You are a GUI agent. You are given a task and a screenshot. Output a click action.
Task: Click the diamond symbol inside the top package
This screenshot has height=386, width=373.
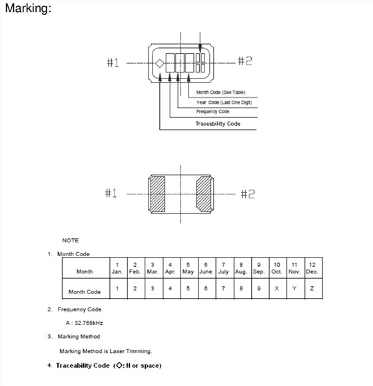(160, 64)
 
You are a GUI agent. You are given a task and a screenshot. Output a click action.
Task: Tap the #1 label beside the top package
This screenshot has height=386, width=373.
(113, 63)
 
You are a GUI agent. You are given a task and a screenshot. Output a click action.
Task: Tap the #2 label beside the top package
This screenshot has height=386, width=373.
(244, 62)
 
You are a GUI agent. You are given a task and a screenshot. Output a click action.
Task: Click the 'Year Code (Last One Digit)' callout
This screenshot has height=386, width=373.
(226, 102)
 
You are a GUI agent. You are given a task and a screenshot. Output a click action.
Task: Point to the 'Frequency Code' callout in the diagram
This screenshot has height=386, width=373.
(212, 112)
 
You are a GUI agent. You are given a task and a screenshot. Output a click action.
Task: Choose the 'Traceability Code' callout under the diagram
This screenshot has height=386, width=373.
(218, 124)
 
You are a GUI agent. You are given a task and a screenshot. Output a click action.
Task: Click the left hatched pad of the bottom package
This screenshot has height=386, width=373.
(158, 194)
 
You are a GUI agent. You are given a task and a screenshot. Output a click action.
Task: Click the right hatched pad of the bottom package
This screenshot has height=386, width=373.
(203, 194)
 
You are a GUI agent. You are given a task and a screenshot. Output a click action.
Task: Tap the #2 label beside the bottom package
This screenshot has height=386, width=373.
(247, 194)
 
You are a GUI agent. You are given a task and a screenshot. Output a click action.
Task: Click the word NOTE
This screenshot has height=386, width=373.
(71, 240)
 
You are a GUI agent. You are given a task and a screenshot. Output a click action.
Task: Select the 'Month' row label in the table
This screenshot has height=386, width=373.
(85, 272)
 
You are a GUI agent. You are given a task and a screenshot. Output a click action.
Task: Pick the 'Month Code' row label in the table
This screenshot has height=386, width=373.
(85, 291)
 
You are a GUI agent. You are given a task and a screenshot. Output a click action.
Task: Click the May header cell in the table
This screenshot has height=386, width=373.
(188, 268)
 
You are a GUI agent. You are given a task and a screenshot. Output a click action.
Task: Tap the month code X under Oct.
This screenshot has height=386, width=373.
(276, 288)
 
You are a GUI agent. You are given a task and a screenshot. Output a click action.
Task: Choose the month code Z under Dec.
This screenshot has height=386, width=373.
(312, 288)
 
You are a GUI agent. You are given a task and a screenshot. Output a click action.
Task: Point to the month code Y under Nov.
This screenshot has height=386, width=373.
(294, 288)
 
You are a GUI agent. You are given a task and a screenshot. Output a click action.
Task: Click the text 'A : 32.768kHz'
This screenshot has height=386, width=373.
(84, 323)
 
